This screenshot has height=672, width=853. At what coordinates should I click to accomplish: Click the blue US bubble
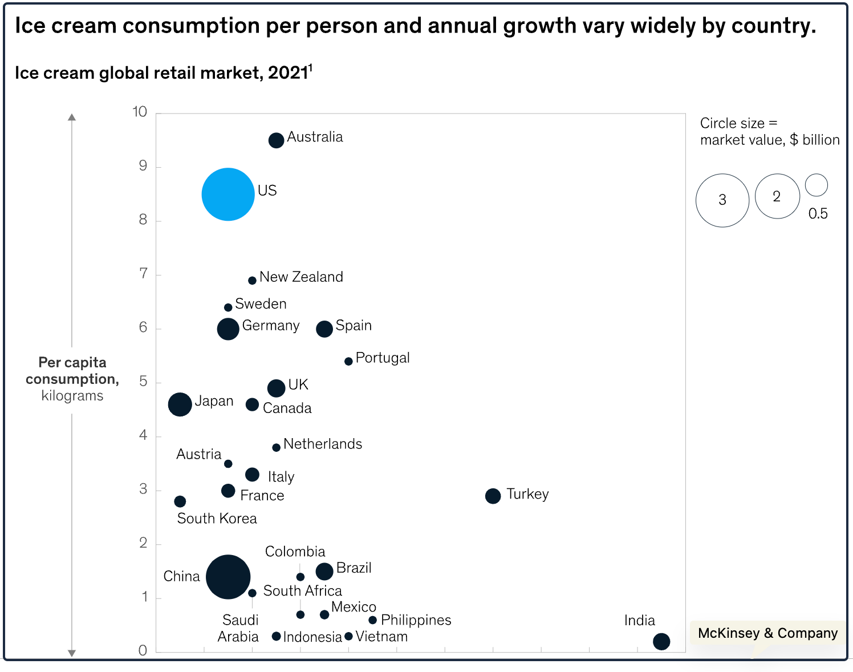(228, 195)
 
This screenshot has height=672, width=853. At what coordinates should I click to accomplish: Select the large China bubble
(228, 576)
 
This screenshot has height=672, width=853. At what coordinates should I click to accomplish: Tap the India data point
(661, 641)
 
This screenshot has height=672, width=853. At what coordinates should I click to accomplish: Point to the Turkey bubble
(493, 496)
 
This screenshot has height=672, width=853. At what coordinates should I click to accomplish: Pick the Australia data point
(277, 140)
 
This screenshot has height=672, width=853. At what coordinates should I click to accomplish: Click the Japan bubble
(180, 404)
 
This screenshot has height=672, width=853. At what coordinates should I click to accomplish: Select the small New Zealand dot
(252, 281)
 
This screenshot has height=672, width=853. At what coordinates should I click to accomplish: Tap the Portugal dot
(348, 362)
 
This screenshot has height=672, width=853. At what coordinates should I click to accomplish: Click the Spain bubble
(324, 329)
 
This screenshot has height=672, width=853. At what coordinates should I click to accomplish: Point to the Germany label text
(271, 326)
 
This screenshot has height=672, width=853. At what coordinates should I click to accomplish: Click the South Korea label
(217, 519)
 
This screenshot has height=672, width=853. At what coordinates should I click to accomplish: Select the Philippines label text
(416, 620)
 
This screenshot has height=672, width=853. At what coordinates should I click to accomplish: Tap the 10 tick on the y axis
(140, 112)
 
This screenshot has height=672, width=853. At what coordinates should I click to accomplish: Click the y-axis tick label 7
(143, 273)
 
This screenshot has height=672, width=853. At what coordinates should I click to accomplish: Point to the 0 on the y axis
(143, 650)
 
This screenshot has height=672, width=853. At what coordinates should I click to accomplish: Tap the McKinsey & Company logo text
(768, 633)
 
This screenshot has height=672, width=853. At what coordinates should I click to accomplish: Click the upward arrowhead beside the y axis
(72, 117)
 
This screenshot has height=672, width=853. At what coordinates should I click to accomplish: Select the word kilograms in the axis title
(72, 396)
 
